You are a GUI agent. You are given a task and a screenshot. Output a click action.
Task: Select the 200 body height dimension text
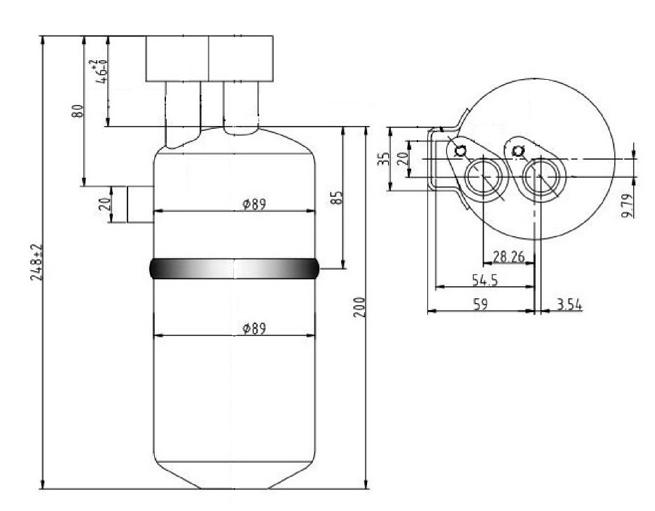[x=359, y=307]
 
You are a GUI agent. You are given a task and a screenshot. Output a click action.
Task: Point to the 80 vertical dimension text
[x=78, y=111]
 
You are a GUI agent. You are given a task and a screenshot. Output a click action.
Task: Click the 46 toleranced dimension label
[x=99, y=72]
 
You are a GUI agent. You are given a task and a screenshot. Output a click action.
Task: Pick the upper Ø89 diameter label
[x=254, y=204]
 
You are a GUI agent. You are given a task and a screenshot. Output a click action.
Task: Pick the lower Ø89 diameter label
[x=254, y=328]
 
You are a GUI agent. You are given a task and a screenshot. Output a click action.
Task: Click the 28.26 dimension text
[x=509, y=256]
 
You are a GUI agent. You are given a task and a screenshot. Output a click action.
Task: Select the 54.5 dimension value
[x=485, y=280]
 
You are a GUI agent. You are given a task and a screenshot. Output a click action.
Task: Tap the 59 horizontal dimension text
[x=481, y=304]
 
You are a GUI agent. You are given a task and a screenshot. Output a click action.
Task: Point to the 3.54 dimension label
[x=569, y=304]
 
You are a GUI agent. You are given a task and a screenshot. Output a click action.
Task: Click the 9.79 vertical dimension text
[x=626, y=205]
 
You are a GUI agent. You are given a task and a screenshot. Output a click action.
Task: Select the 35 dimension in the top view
[x=383, y=159]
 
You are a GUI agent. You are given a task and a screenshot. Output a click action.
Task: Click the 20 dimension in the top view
[x=402, y=159]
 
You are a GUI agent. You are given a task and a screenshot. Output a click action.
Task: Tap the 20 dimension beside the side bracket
[x=106, y=204]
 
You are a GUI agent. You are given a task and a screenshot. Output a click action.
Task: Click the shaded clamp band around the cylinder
[x=234, y=268]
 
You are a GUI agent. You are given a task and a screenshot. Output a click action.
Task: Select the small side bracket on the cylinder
[x=140, y=204]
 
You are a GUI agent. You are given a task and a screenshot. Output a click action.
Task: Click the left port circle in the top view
[x=483, y=177]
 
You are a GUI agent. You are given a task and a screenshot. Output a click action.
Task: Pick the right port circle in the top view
[x=541, y=177]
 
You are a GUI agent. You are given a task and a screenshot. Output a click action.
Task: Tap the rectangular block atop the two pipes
[x=209, y=58]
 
